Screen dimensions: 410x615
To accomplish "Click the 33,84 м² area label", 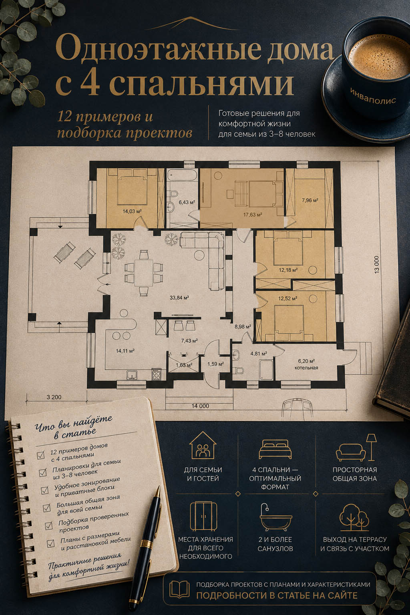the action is coord(179,297).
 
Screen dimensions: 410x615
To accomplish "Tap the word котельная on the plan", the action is coord(306,368).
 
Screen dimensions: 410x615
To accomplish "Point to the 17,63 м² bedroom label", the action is coord(252,215).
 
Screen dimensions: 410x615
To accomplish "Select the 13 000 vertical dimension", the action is coord(376,264).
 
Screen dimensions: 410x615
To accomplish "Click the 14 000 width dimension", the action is coord(200,406).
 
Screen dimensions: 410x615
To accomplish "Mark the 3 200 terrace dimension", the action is coord(54,397).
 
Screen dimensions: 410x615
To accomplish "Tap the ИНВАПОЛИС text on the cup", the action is coord(373,96).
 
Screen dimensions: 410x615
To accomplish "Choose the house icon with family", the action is coord(203,445).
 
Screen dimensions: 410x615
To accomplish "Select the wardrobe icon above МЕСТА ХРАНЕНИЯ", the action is coord(203,516).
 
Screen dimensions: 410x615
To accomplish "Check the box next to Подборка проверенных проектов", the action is coord(48,525).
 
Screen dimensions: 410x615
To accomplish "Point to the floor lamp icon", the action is coord(371,447).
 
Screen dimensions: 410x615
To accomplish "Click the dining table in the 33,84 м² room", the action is coord(143,273).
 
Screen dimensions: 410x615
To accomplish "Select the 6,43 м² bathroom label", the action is coord(187,202).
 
